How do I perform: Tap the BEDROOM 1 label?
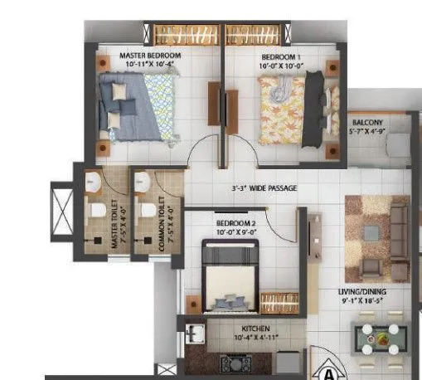point(279,56)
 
